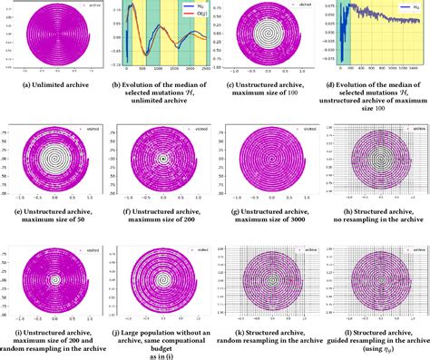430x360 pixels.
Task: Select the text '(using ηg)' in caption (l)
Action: click(x=375, y=347)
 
